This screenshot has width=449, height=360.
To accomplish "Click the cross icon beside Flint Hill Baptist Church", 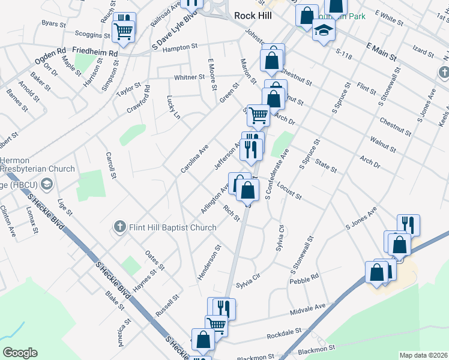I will [x=119, y=227].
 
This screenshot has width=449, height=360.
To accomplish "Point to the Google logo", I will [x=20, y=352].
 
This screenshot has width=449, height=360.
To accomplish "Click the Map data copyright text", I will [x=423, y=355].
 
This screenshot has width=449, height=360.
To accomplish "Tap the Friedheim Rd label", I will [x=95, y=53].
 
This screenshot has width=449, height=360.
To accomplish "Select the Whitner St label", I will [x=189, y=77].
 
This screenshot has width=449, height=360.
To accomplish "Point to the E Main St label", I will [x=381, y=51].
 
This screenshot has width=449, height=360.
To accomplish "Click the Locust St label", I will [x=289, y=192].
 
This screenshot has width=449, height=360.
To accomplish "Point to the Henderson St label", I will [x=209, y=263].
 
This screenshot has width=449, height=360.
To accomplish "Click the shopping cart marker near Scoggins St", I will [x=124, y=31].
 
